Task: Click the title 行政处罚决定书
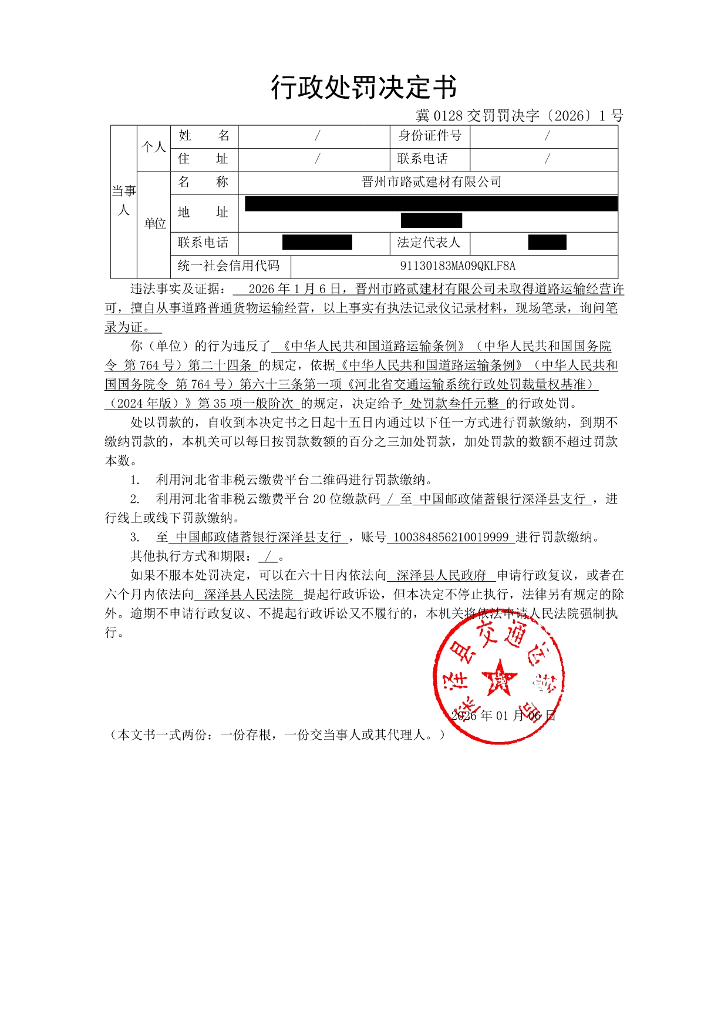coord(363,88)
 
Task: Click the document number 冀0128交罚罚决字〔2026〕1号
coord(519,116)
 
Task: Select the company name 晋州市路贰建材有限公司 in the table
coord(432,182)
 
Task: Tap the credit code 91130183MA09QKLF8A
coord(457,266)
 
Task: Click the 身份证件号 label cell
coord(430,136)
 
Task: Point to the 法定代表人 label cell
coord(429,243)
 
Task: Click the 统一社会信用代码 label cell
coord(229,266)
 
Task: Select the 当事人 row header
coord(123,201)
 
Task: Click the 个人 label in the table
coord(153,147)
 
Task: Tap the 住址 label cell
coord(203,159)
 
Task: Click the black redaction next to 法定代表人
coord(547,242)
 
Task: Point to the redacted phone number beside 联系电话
coord(317,242)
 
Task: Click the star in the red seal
coord(498,677)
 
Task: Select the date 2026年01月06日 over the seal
coord(503,716)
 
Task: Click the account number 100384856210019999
coord(450,537)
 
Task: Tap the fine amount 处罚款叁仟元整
coord(454,403)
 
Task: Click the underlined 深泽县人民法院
coord(248,595)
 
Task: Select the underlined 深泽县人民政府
coord(441,575)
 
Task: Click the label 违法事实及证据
coord(176,289)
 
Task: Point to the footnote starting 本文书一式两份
coord(276,735)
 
